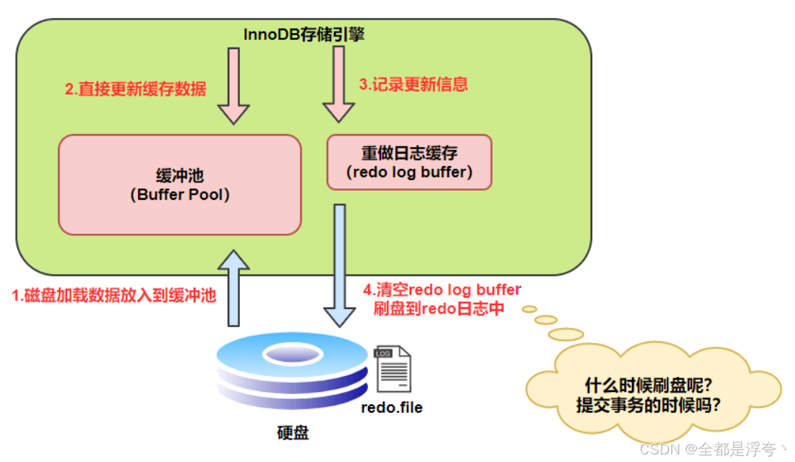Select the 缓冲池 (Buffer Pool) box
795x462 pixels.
[180, 184]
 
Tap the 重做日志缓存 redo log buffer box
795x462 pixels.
[409, 162]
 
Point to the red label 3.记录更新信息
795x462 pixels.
[413, 84]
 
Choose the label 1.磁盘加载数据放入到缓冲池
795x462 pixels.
[114, 296]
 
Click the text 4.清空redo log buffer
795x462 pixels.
[441, 290]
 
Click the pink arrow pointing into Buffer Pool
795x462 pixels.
[233, 84]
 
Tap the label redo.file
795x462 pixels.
[392, 408]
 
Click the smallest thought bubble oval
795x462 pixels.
[529, 308]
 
